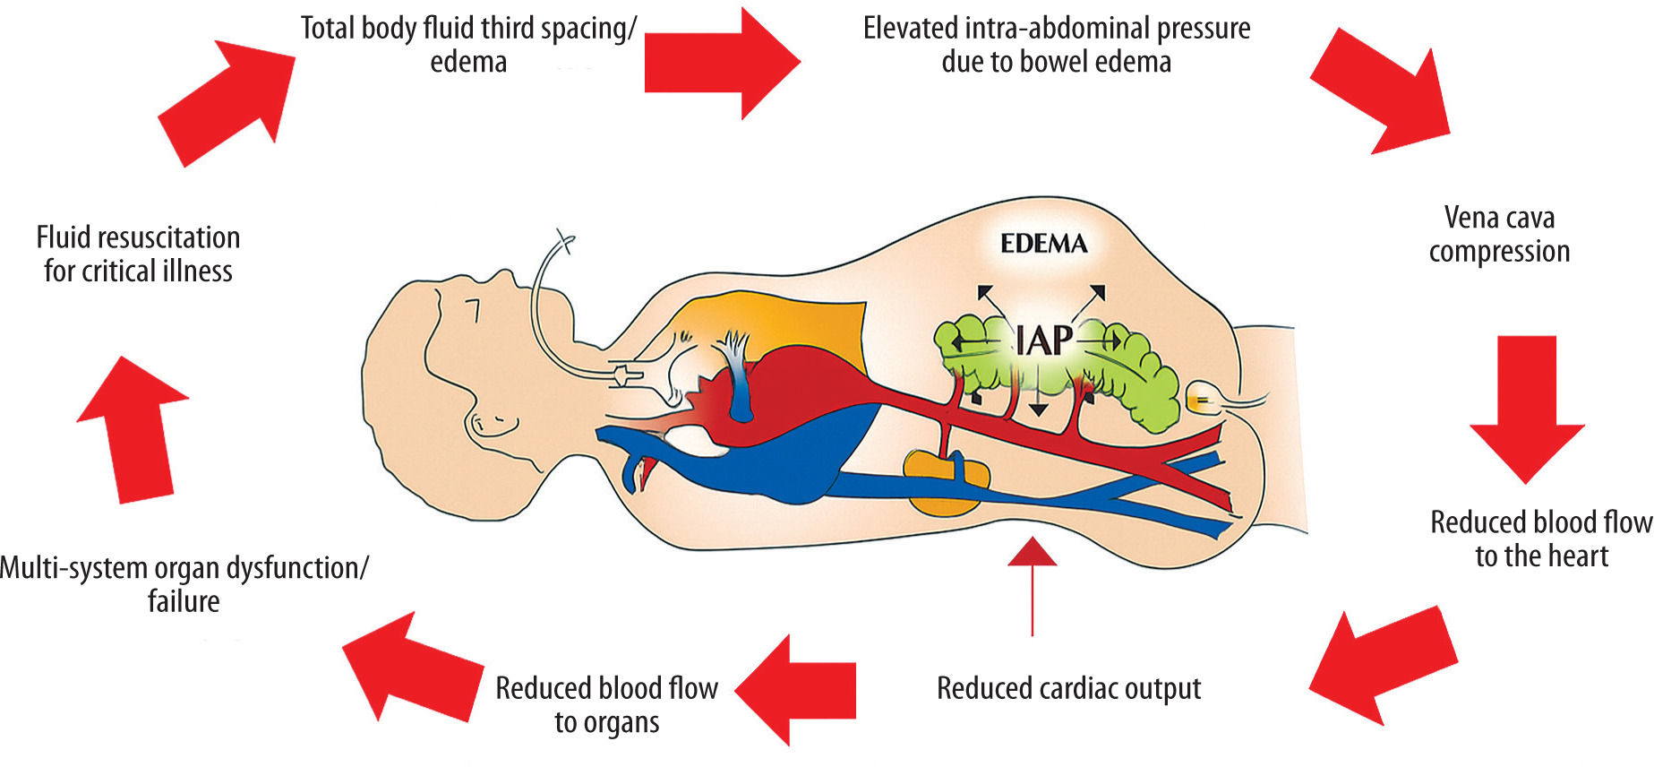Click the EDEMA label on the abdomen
[x=1043, y=244]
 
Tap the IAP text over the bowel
[x=1044, y=340]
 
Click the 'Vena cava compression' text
[x=1499, y=235]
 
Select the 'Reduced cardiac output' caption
[x=1068, y=688]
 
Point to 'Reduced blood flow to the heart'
[x=1541, y=539]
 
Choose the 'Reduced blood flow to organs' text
[x=606, y=704]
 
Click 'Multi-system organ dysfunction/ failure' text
[x=184, y=584]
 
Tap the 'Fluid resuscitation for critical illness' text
[x=138, y=254]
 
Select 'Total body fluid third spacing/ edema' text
[x=468, y=45]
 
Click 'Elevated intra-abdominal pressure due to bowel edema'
[x=1057, y=45]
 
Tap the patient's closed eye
[x=476, y=310]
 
